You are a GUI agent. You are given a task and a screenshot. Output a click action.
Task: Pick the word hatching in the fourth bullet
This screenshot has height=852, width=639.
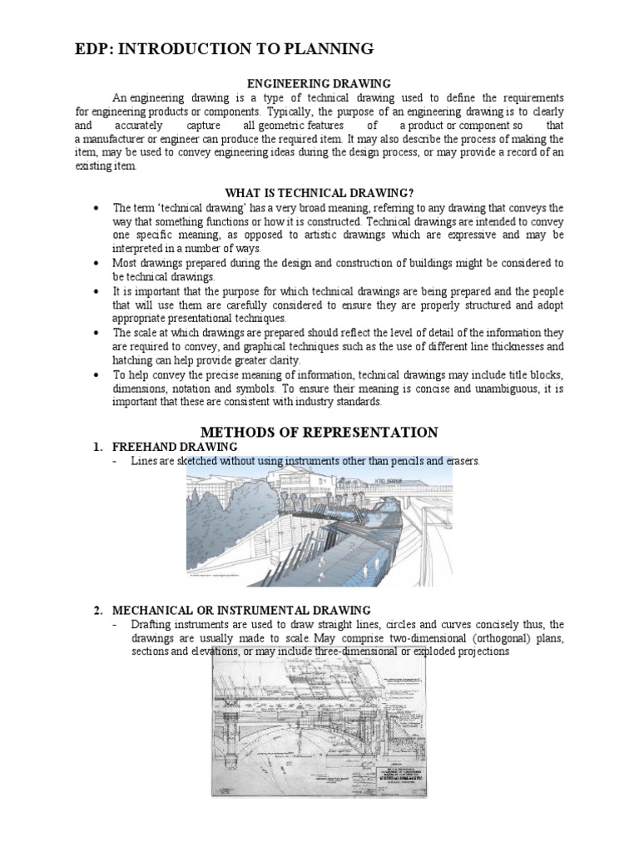134,360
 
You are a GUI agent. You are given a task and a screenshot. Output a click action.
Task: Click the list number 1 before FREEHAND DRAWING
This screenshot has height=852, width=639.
97,448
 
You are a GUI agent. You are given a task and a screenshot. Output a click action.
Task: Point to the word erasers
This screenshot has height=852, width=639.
463,461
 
